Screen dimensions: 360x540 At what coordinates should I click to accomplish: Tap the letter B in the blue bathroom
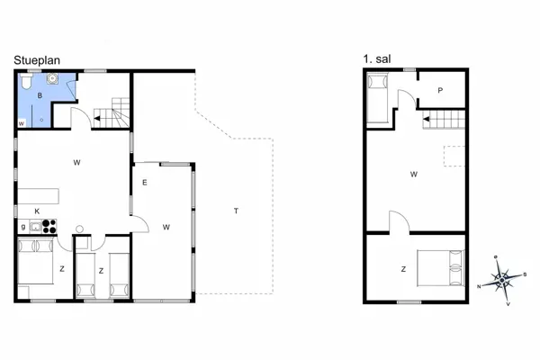coord(40,94)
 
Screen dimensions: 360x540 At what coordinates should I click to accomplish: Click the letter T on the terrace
coord(236,211)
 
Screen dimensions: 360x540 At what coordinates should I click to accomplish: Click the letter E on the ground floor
coord(144,183)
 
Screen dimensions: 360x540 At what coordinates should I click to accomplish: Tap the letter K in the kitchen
coord(37,211)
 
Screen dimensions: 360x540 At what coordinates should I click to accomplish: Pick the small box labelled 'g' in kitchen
coord(22,226)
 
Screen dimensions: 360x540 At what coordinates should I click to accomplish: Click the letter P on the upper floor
coord(440,90)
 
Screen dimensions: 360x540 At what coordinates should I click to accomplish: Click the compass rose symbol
coord(502,280)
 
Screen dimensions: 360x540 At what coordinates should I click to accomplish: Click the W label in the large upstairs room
coord(413,174)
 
